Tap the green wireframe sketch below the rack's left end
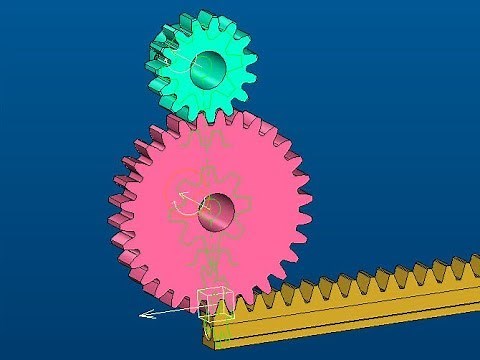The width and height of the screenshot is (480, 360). click(222, 325)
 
